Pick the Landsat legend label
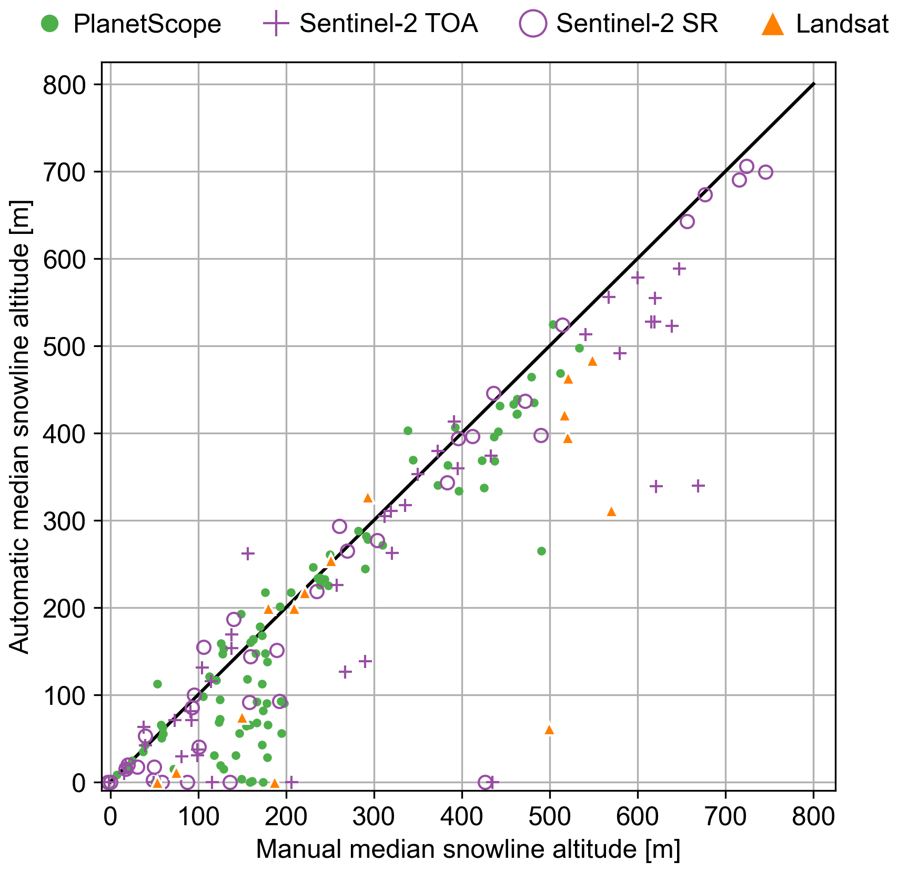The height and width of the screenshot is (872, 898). point(842,24)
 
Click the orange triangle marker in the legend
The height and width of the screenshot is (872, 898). point(773,25)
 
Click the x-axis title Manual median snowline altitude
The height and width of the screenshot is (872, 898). point(468,849)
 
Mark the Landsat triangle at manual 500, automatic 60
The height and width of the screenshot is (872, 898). point(549,730)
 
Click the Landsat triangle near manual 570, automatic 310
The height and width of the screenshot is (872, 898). point(611,511)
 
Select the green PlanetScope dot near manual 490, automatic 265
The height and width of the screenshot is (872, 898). point(541,551)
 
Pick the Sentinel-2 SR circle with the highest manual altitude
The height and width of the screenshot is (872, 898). point(765,172)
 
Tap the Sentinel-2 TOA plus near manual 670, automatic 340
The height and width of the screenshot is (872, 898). point(698,486)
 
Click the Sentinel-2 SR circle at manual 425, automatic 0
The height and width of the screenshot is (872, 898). point(485,782)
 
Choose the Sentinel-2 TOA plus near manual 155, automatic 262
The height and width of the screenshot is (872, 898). point(248,553)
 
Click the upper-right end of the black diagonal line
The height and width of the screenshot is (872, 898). point(814,84)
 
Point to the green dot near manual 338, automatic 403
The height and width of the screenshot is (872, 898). point(408,430)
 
